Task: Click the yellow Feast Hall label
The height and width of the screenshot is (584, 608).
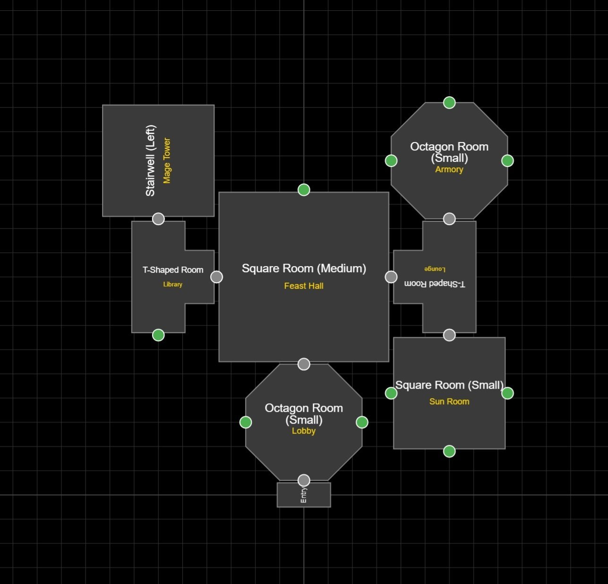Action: click(304, 286)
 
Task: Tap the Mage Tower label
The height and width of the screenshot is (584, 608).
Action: click(167, 161)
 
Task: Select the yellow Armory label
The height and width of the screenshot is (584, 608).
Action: click(449, 169)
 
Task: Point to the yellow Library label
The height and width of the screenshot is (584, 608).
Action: click(172, 284)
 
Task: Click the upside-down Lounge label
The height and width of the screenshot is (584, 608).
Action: click(435, 269)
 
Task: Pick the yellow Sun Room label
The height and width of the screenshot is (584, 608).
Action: click(449, 401)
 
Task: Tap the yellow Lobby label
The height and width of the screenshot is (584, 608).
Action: click(303, 431)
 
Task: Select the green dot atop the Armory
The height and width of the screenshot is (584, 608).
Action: click(449, 102)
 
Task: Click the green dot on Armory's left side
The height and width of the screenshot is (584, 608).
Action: click(391, 161)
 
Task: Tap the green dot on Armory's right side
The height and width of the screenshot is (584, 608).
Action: click(507, 161)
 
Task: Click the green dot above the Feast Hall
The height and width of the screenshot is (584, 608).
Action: click(304, 190)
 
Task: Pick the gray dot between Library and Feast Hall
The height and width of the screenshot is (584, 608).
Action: click(216, 277)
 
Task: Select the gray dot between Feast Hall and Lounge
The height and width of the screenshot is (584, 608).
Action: click(391, 277)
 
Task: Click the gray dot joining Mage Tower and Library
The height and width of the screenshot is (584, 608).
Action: click(158, 219)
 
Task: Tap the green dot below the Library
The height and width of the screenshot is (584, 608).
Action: click(158, 335)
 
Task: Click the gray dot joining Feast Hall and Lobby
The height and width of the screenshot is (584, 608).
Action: click(304, 364)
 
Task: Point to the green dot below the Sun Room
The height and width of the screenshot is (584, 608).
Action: click(449, 451)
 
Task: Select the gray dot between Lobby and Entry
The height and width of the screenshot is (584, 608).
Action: click(304, 480)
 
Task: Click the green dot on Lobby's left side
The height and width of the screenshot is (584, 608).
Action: click(246, 422)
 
